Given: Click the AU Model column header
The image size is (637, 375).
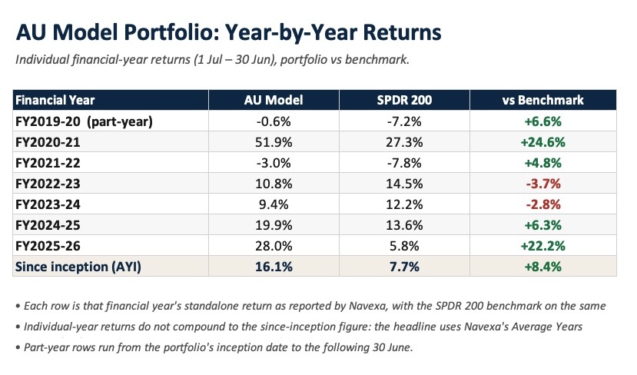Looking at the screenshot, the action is (x=274, y=100).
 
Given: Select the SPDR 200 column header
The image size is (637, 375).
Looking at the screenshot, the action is (x=404, y=100).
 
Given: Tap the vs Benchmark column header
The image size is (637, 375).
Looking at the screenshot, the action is (x=542, y=100).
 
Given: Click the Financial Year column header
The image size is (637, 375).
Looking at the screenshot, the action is (x=55, y=100).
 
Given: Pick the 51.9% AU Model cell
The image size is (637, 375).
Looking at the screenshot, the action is (x=274, y=142).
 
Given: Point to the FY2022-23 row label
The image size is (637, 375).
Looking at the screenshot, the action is (x=48, y=184).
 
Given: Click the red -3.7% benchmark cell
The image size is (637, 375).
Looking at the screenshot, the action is (x=543, y=184).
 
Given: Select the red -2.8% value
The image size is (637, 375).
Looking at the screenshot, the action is (x=543, y=204).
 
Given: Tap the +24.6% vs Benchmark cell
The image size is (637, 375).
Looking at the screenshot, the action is (x=542, y=142).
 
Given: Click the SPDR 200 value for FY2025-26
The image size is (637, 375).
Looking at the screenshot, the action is (x=404, y=246).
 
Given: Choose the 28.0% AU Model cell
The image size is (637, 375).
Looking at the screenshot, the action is (x=274, y=246).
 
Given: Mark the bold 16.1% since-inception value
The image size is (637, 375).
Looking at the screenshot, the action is (x=274, y=267).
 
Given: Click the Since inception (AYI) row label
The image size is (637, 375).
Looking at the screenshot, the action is (x=78, y=267).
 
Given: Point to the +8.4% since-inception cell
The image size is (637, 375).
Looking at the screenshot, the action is (x=542, y=267).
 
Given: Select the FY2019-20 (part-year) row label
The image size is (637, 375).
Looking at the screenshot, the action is (x=84, y=121).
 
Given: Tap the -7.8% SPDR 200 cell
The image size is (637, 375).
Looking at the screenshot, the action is (x=404, y=163).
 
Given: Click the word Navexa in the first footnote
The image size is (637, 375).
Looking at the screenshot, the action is (x=367, y=306).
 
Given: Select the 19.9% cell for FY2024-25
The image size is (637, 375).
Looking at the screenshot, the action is (x=274, y=225).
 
